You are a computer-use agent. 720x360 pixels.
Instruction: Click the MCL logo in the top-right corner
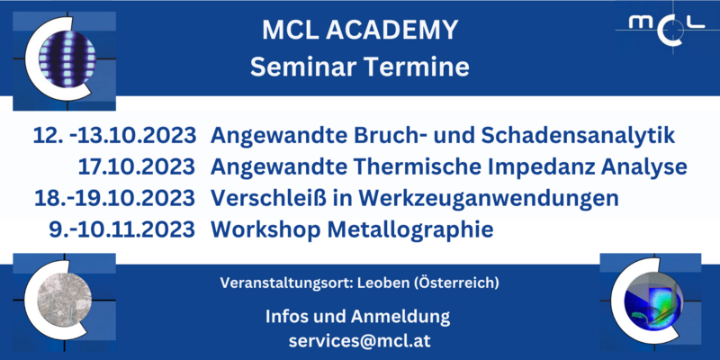click(667, 28)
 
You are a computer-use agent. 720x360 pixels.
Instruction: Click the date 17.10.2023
click(137, 167)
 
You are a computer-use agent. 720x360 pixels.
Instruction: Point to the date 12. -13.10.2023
click(114, 137)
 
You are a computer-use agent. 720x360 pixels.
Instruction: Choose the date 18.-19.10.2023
click(115, 198)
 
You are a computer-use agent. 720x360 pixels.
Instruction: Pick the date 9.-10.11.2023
click(122, 229)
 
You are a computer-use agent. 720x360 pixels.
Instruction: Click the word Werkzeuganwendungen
click(489, 199)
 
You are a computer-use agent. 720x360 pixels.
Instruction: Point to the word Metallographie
click(409, 229)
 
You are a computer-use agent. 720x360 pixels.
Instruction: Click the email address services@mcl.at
click(359, 341)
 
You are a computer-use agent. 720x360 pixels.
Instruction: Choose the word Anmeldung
click(400, 318)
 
